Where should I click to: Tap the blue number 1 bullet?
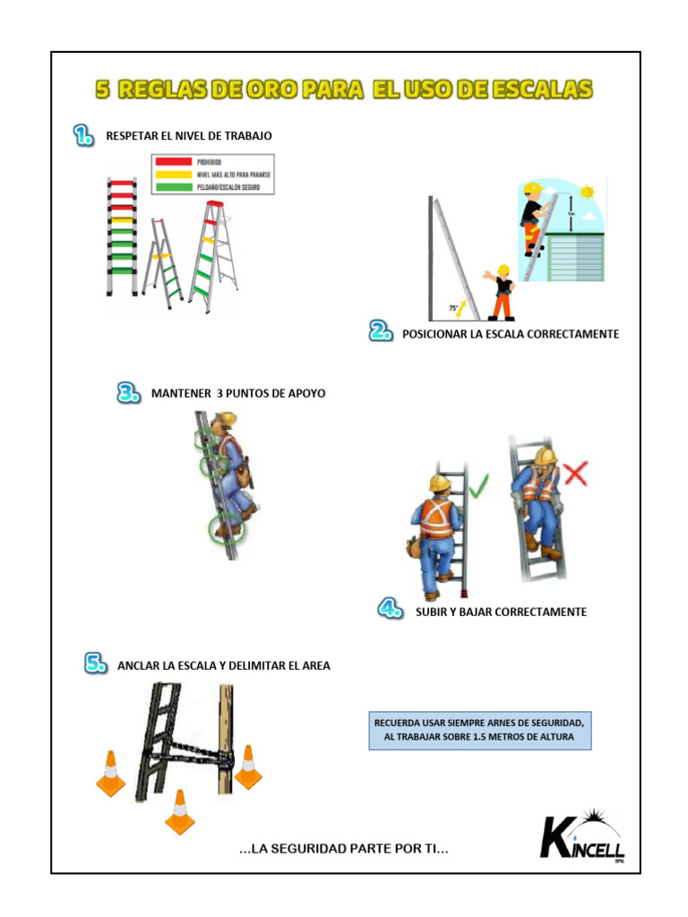coord(83,135)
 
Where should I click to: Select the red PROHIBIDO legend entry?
coord(211,162)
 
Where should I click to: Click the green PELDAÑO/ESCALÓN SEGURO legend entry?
coord(211,187)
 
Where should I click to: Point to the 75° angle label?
coord(453,307)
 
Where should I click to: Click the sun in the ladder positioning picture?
coord(588,192)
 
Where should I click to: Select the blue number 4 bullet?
coord(390,611)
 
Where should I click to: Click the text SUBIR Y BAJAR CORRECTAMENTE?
coord(501,612)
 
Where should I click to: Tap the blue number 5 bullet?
coord(97,664)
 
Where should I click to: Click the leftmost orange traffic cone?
coord(111,774)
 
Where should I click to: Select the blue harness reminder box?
coord(480,731)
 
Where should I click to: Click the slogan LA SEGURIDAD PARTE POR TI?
coord(344,848)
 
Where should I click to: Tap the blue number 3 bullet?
coord(129,393)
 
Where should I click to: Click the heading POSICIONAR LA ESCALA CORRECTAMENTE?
coord(511,334)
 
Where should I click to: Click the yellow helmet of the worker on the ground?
coord(503,270)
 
